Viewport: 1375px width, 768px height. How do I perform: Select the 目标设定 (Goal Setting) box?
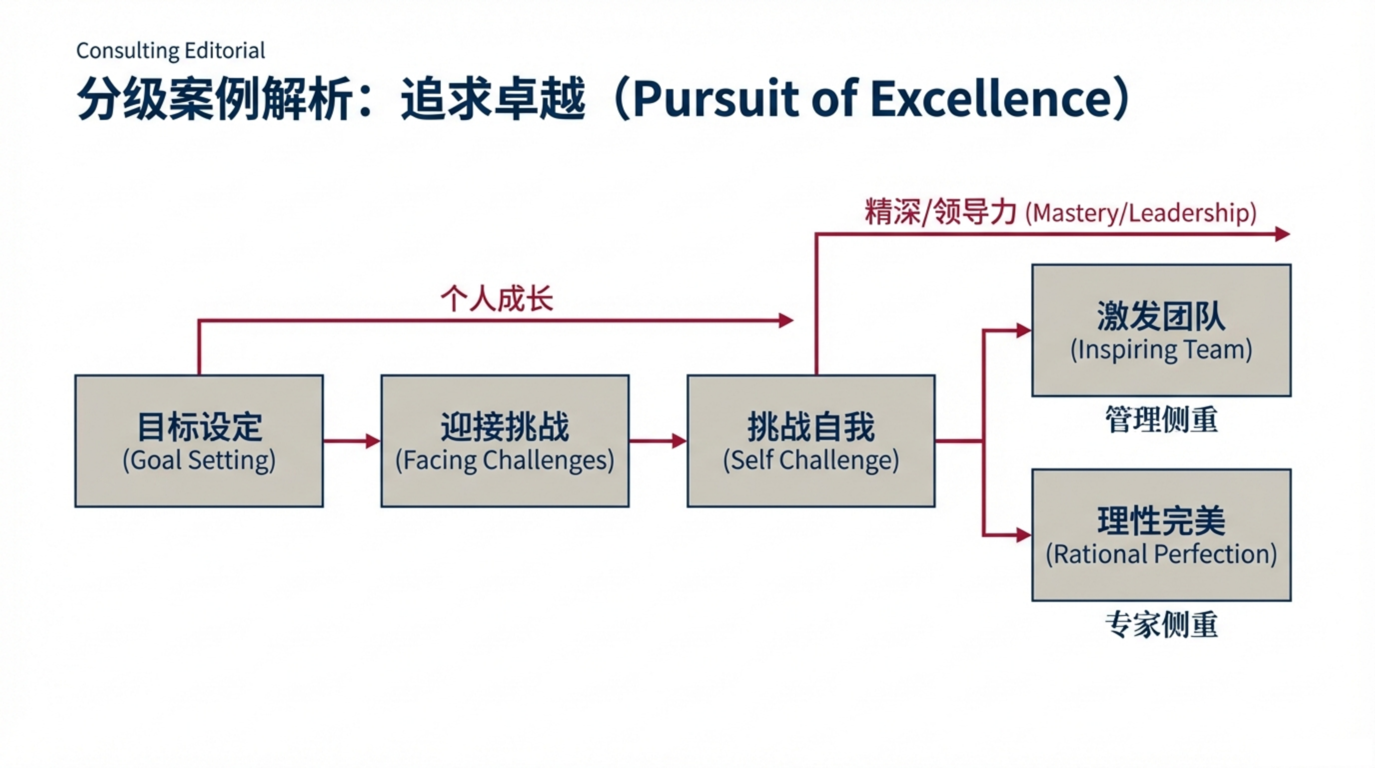click(199, 441)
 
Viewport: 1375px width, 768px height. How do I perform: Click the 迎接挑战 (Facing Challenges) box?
click(505, 441)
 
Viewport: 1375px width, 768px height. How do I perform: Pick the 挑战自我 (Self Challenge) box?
click(811, 441)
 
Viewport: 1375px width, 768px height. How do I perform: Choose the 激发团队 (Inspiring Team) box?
click(1162, 330)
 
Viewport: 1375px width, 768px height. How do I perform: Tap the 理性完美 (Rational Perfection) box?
click(1162, 535)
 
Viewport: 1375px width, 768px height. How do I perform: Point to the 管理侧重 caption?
click(1162, 420)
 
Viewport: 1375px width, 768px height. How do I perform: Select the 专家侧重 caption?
click(1162, 625)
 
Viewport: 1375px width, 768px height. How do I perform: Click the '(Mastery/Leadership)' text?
click(1141, 213)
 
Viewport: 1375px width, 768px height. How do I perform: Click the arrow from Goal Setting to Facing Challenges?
click(352, 441)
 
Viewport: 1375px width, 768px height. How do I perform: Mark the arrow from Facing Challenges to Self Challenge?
click(658, 441)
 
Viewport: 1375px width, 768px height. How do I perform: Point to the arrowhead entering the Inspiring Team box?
click(1024, 330)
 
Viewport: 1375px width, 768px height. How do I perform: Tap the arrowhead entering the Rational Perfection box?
click(1024, 534)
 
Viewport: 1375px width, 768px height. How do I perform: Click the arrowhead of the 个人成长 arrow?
click(786, 320)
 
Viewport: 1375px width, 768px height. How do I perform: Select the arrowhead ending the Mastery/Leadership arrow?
click(1283, 234)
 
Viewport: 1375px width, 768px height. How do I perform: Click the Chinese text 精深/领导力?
click(940, 212)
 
